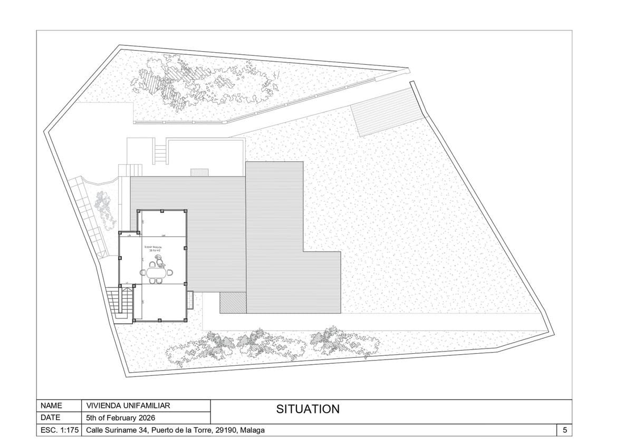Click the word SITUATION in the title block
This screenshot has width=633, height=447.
point(308,409)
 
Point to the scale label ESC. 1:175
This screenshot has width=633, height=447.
point(59,431)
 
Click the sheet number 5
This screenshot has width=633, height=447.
point(564,431)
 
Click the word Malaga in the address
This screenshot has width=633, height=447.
point(252,431)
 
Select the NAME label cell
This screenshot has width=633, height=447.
point(52,406)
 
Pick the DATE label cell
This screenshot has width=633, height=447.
point(51,418)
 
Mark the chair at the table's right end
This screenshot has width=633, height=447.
point(170,273)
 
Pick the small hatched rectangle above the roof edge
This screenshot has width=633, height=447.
point(200,172)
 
